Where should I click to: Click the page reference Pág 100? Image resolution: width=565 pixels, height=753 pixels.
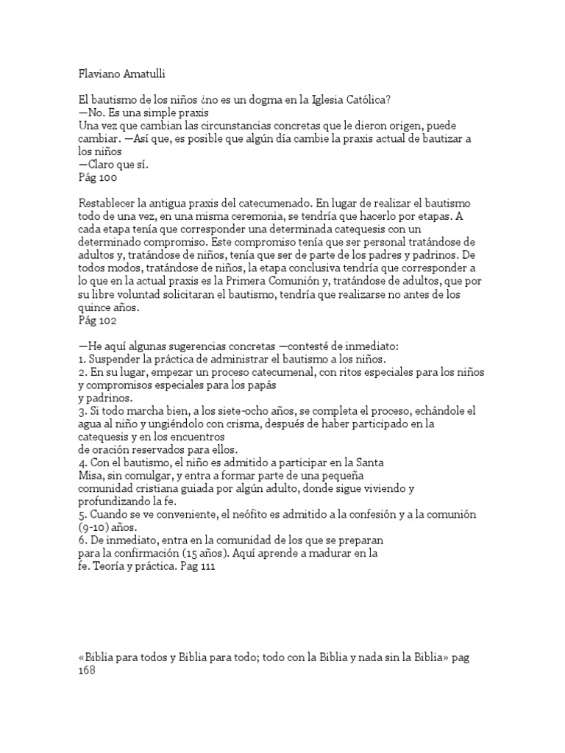(96, 177)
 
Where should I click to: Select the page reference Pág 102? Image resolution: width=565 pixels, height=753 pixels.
(96, 321)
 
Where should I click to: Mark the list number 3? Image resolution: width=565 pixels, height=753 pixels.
(80, 410)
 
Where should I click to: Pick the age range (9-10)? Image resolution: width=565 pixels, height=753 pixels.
(93, 526)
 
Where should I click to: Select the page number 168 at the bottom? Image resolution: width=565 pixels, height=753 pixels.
(87, 669)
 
